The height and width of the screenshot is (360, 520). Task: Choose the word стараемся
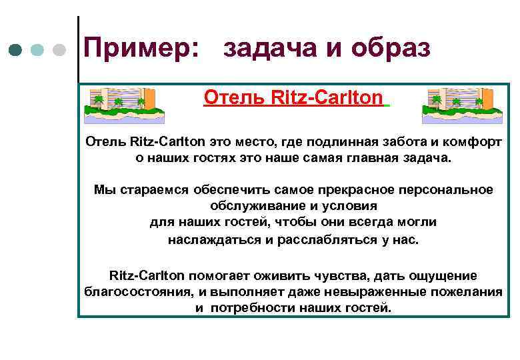click(x=153, y=190)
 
